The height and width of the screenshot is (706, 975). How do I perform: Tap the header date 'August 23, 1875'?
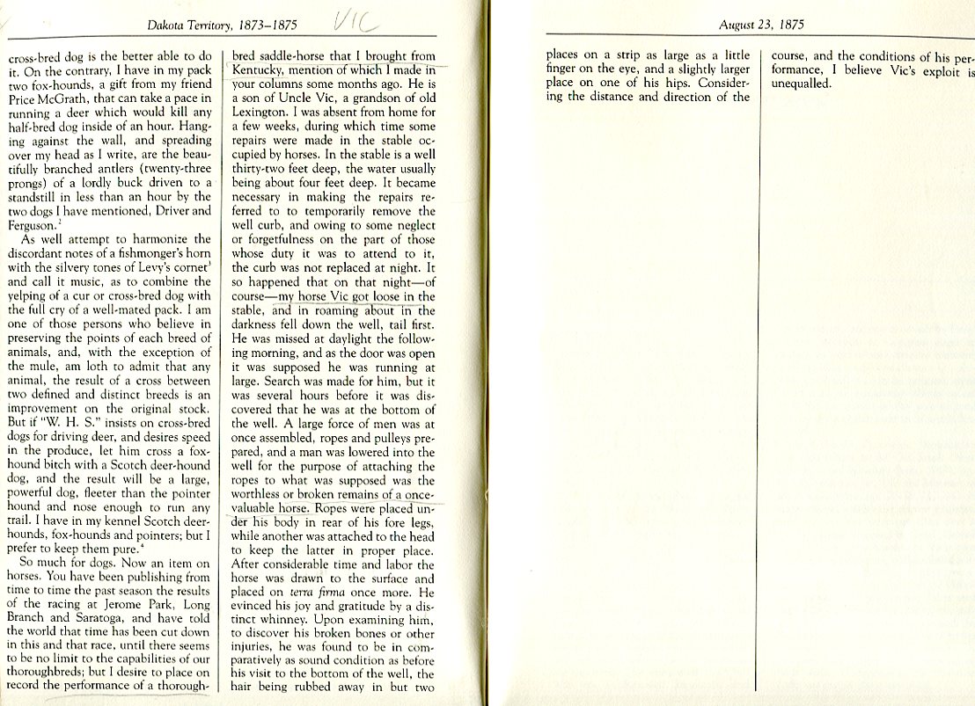(x=761, y=24)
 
